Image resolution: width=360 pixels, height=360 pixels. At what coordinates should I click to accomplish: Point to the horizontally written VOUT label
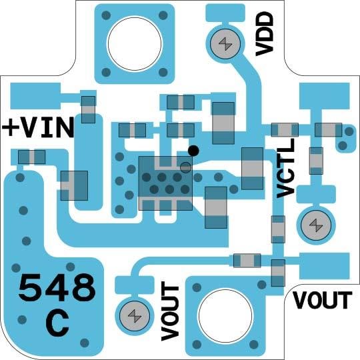pos(323,301)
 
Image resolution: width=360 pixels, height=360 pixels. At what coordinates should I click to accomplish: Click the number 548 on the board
pos(57,289)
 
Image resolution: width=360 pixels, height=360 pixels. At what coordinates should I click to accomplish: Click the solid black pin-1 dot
pos(193,150)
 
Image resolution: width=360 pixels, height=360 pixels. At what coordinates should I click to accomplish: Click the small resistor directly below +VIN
pos(31,157)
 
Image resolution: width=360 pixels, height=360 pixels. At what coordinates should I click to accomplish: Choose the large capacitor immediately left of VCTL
pos(252,169)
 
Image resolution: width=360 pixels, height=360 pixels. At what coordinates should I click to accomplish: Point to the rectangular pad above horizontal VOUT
pos(324,265)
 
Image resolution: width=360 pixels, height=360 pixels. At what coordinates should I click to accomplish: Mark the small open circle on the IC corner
pos(185,166)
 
